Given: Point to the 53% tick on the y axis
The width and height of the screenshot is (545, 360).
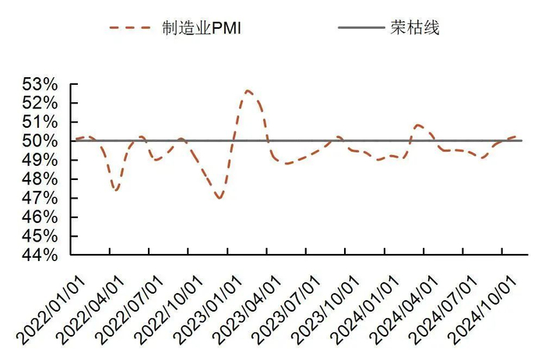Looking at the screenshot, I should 42,84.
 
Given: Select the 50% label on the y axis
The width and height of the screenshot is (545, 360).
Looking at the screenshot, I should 42,141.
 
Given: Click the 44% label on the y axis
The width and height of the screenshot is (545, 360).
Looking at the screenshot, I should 42,255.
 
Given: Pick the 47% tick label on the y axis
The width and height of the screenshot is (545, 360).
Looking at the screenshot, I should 42,198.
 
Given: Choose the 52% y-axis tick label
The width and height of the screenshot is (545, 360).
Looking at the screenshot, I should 42,103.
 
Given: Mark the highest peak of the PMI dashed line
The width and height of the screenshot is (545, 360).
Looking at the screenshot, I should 248,90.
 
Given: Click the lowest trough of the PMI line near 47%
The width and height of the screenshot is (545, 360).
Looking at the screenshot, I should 220,198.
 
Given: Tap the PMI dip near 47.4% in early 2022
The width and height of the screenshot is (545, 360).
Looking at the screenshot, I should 115,189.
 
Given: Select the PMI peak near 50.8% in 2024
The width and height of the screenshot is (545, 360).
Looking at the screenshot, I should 418,125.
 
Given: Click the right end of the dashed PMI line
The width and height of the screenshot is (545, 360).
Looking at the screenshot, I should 517,136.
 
